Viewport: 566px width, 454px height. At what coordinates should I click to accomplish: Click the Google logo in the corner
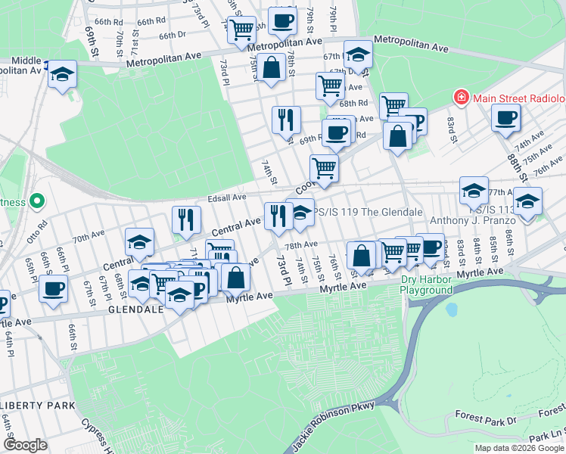coord(25,445)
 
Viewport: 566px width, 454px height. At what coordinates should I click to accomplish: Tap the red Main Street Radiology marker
coord(460,98)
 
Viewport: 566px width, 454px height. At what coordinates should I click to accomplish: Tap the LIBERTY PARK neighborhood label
coord(38,406)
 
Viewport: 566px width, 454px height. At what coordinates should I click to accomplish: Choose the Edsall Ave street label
coord(227,197)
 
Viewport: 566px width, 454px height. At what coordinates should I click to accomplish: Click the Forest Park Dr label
coord(486,417)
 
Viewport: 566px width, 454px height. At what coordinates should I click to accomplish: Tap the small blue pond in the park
coord(453,310)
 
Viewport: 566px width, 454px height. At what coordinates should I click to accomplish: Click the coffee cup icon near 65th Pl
coord(53,288)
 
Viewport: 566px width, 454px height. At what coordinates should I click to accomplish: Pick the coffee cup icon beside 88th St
coord(505,117)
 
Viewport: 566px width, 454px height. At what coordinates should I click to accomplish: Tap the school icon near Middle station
coord(63,74)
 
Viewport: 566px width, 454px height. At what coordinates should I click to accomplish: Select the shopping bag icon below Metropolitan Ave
coord(271,67)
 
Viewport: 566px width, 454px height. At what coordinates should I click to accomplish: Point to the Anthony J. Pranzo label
coord(472,222)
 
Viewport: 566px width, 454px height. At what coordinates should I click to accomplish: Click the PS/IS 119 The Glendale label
coord(368,212)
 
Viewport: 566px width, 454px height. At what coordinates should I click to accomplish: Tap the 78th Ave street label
coord(300,244)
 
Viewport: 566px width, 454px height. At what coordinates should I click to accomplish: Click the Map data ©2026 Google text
coord(518,448)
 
